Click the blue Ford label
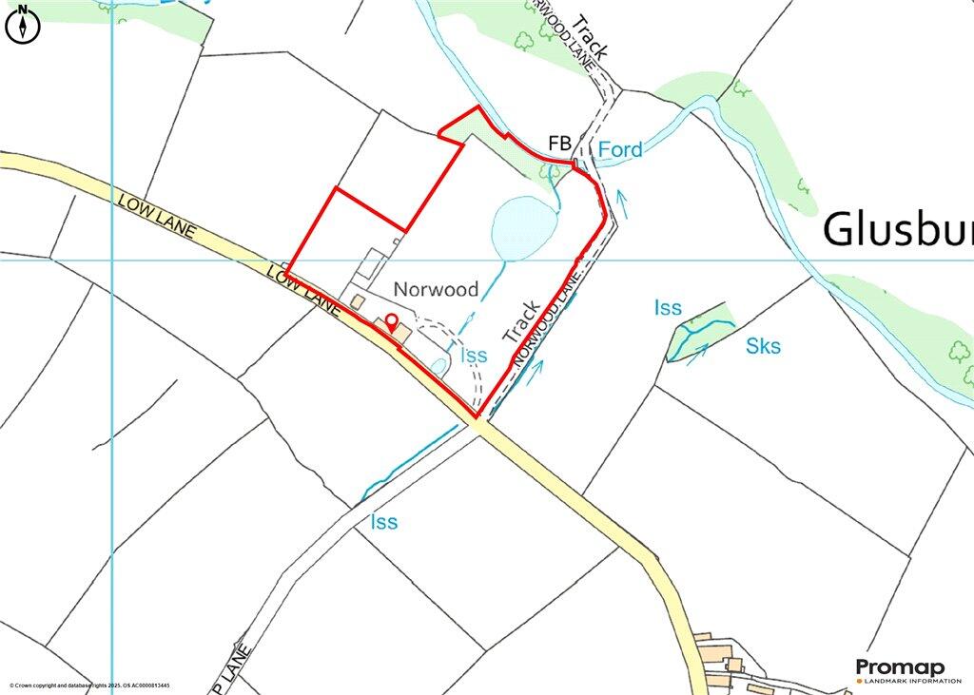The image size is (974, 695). tap(620, 149)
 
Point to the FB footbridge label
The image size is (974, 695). tap(559, 144)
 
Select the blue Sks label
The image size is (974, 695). tap(763, 346)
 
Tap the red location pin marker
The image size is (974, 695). tap(390, 320)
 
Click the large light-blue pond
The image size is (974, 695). tap(522, 225)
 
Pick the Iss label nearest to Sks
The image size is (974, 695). tap(668, 307)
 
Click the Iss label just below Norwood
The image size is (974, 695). tap(474, 356)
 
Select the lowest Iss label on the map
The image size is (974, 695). tap(384, 522)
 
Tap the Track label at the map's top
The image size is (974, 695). tap(592, 38)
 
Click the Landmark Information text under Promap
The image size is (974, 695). tap(907, 681)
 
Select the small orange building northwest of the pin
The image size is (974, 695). tap(357, 300)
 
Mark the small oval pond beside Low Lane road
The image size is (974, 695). tap(438, 364)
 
